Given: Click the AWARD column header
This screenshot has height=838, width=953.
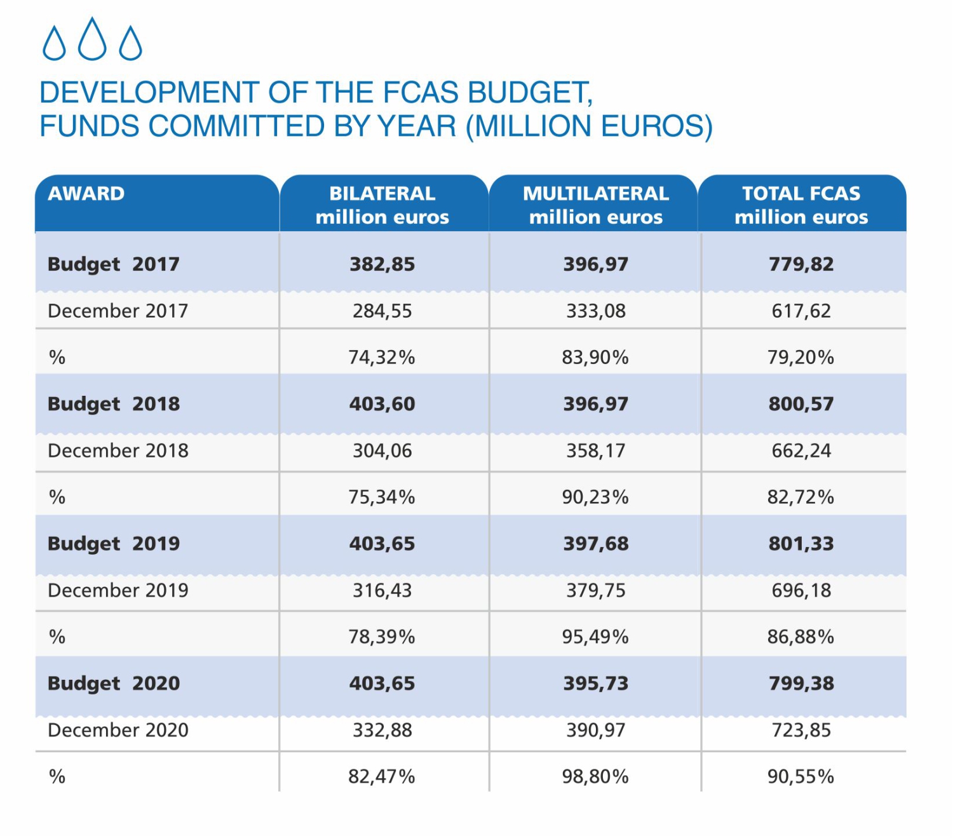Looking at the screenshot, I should (x=86, y=194).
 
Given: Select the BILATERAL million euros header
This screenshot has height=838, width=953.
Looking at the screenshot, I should (x=382, y=205).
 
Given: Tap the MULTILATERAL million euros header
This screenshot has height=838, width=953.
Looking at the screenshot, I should (x=596, y=205).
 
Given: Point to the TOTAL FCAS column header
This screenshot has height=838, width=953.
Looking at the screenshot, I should (x=801, y=205).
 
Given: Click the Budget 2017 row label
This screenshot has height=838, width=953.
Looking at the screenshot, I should (x=114, y=264).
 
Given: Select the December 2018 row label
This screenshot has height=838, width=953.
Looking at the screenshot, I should (x=118, y=450).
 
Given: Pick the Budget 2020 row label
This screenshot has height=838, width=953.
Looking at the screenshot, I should (x=114, y=684).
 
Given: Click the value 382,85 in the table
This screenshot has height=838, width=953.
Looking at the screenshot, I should (x=382, y=264).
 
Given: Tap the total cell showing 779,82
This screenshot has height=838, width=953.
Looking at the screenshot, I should (x=801, y=264).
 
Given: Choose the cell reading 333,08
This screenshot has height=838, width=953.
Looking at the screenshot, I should (x=596, y=311).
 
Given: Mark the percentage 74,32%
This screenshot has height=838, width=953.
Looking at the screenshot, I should (x=382, y=358).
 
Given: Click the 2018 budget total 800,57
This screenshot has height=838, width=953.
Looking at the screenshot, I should (x=801, y=404).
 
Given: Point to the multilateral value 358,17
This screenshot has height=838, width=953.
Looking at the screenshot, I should (x=596, y=450).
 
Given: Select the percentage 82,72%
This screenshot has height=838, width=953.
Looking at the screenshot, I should (x=801, y=497).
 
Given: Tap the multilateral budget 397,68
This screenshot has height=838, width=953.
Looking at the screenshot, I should (x=596, y=544).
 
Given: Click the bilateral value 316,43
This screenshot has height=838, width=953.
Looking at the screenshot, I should (x=382, y=590).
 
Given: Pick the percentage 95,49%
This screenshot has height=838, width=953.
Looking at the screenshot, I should (x=595, y=637).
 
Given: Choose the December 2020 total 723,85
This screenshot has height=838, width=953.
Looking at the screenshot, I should (x=801, y=730).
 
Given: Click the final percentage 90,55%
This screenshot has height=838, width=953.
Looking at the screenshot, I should (x=801, y=776).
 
